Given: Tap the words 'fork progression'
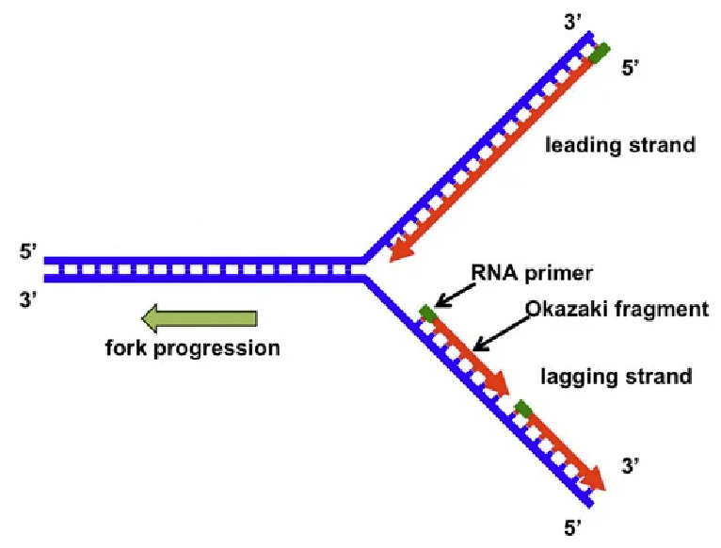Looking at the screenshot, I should pyautogui.click(x=192, y=347).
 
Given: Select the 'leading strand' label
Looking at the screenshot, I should pyautogui.click(x=620, y=145).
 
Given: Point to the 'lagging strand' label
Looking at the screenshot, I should pyautogui.click(x=617, y=377).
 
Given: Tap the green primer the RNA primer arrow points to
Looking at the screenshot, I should pyautogui.click(x=427, y=313).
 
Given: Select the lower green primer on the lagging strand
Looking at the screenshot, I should pyautogui.click(x=523, y=409).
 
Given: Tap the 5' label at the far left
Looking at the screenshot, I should pyautogui.click(x=28, y=252).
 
